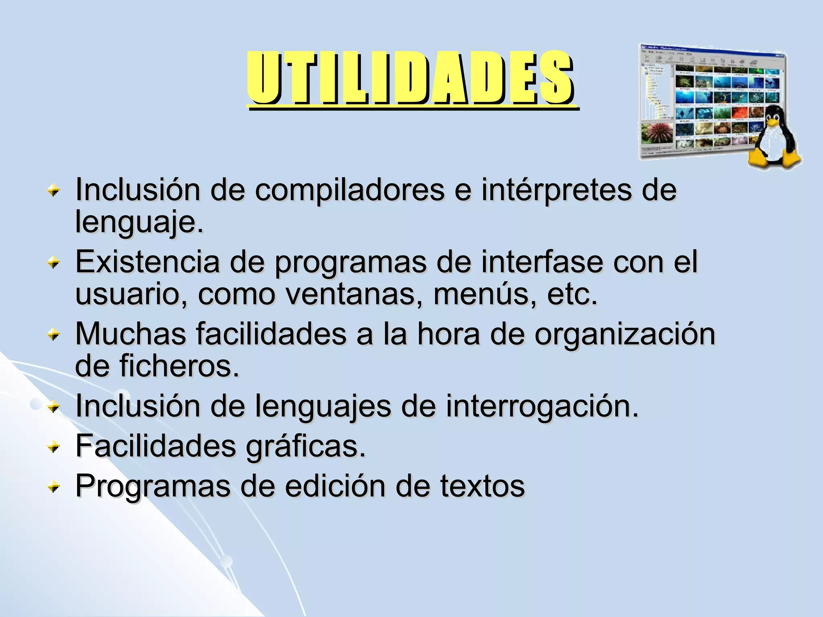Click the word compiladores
click(x=350, y=190)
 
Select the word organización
click(x=624, y=335)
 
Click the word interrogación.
click(x=542, y=407)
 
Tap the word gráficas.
click(x=305, y=447)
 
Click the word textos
click(x=482, y=486)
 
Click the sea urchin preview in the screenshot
click(x=656, y=133)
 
